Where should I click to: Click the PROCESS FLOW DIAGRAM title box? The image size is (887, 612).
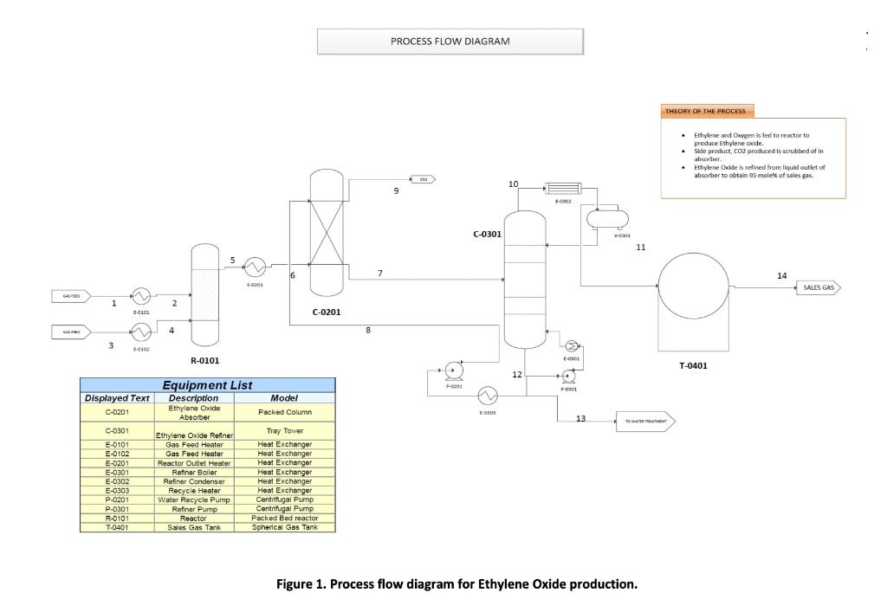450,41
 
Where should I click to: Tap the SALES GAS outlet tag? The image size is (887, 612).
818,288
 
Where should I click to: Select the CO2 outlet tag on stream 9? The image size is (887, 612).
422,179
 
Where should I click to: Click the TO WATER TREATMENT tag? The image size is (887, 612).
644,422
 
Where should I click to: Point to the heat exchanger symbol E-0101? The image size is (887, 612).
140,296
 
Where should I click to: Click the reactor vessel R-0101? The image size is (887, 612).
204,294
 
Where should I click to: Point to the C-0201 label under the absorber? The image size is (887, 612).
327,312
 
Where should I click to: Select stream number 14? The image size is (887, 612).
782,275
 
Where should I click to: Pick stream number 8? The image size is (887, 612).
368,330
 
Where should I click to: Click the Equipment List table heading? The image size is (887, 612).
207,385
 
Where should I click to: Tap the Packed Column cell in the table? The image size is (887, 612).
284,412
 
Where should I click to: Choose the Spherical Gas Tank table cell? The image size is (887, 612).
284,526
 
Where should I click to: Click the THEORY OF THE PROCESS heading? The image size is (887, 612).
707,112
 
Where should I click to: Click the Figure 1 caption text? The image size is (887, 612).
456,584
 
